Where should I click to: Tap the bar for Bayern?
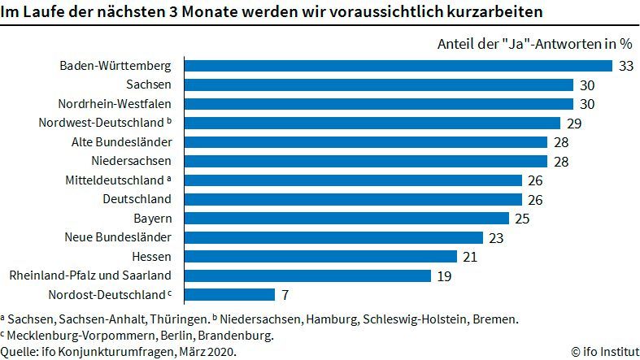346,218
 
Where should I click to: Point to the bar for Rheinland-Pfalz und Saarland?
307,275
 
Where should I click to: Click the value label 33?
625,66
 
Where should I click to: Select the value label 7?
285,294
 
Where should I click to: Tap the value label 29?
573,123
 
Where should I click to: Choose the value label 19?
444,275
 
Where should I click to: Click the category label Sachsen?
149,85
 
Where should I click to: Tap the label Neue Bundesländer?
118,237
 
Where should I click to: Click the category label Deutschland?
137,199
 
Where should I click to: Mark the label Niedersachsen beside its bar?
131,161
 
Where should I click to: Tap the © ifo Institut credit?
603,351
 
